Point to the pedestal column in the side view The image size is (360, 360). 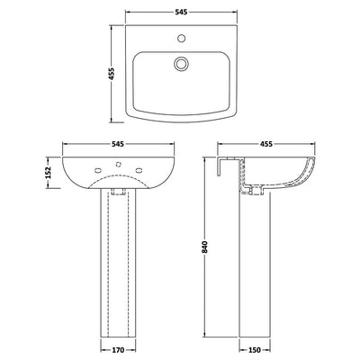point(256,270)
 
